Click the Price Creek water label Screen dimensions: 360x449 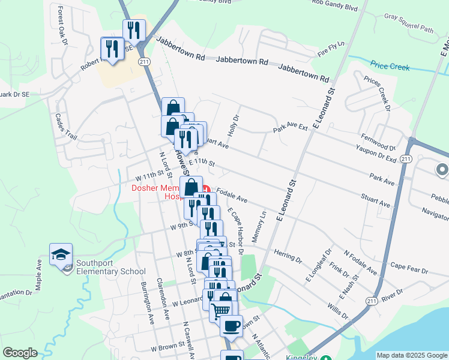(x=390, y=67)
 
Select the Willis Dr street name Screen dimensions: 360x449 (x=338, y=311)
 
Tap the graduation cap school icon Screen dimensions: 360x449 (x=61, y=255)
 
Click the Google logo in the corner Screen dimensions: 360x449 (x=20, y=353)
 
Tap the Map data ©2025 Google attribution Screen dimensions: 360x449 (x=411, y=355)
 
